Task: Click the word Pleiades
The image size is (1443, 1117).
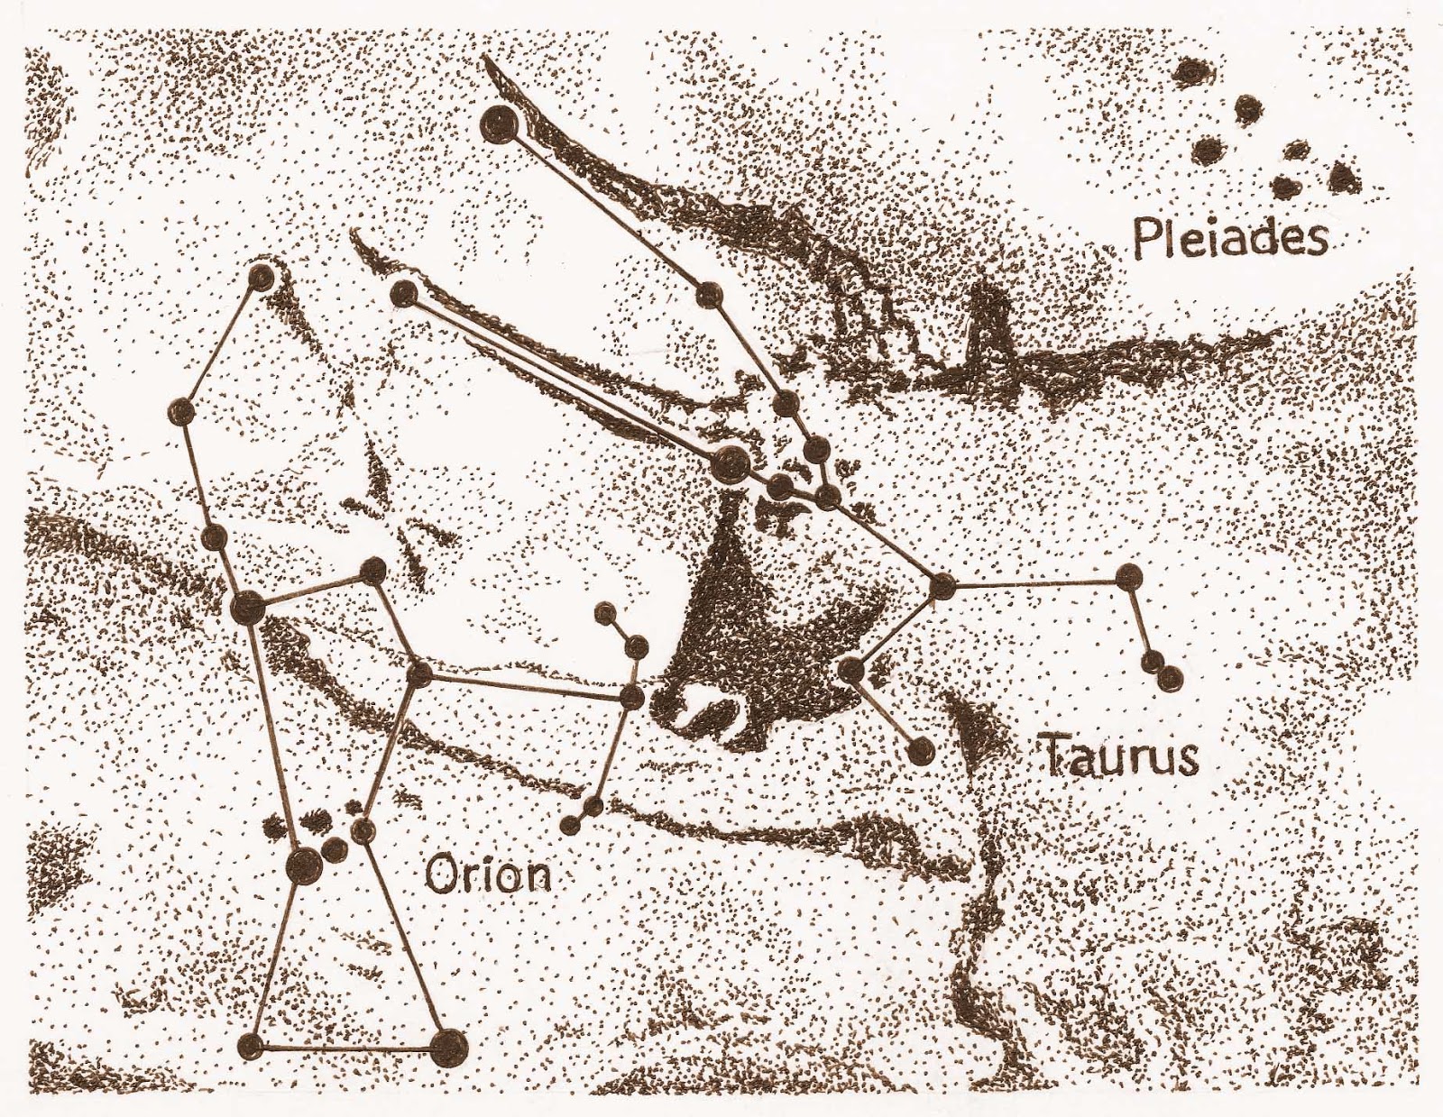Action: point(1229,239)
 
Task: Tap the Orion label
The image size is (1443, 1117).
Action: point(487,874)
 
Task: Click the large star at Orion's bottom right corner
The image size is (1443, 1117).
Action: point(448,1048)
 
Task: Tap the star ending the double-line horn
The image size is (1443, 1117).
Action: point(405,293)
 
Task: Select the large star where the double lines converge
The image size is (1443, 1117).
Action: point(729,464)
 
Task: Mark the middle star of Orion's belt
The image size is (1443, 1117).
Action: point(334,848)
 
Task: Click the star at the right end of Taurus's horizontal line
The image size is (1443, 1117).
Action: point(1126,578)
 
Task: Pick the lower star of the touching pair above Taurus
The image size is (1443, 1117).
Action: point(1168,678)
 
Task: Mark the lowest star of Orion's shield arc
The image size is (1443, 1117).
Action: point(570,824)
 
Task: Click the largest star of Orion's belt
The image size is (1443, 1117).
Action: point(303,866)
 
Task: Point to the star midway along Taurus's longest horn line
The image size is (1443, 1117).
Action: point(710,294)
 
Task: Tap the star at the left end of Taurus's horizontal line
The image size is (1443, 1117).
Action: point(942,586)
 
